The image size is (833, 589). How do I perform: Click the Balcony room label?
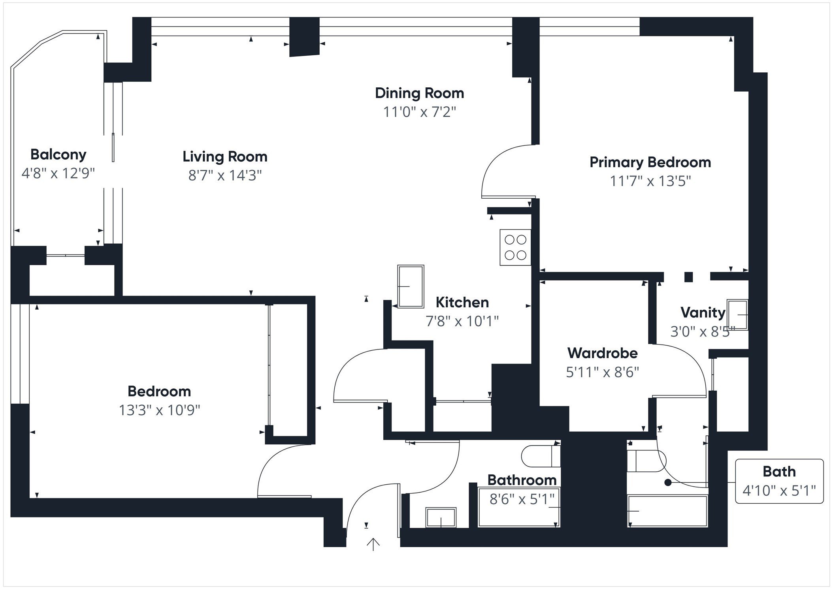[58, 154]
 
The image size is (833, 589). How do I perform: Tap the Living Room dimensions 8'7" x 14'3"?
[225, 175]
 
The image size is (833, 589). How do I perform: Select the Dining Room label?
[419, 93]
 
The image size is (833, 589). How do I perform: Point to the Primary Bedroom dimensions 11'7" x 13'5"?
[650, 181]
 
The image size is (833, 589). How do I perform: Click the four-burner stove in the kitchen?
[515, 247]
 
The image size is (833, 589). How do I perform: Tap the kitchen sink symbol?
[411, 286]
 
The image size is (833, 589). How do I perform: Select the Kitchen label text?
[462, 303]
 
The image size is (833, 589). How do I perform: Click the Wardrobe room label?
[602, 353]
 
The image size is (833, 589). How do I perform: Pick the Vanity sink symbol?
[737, 315]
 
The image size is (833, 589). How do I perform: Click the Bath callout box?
[779, 481]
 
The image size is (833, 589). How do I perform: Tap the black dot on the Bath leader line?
[668, 482]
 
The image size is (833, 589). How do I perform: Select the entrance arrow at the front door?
[373, 544]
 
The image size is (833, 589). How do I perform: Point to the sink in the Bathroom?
[441, 517]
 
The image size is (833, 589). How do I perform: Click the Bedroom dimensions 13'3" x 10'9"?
[159, 410]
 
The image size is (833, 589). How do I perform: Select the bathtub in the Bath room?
[667, 511]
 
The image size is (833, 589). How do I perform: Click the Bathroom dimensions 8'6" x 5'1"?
[522, 499]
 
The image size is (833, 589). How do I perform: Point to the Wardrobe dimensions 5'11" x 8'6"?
[602, 372]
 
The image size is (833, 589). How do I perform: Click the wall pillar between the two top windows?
[304, 36]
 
